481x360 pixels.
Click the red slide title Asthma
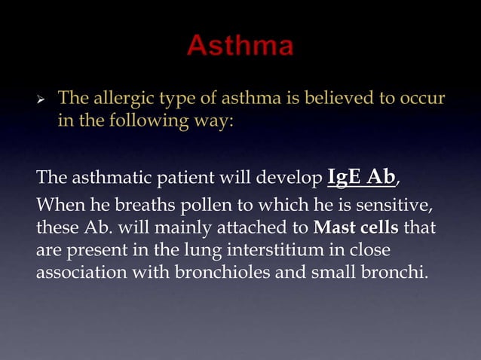pos(240,47)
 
